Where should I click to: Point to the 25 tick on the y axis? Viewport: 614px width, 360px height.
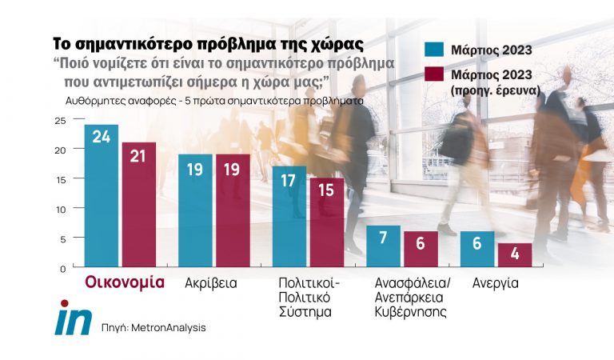(60, 121)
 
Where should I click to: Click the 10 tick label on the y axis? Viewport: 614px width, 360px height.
(60, 209)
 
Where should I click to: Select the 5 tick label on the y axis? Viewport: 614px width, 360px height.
(62, 238)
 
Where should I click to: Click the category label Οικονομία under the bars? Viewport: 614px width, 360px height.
(125, 282)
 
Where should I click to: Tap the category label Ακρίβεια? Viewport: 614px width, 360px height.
(211, 283)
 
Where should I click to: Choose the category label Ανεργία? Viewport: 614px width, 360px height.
(496, 283)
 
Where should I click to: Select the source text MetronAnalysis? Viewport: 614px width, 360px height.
(151, 327)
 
